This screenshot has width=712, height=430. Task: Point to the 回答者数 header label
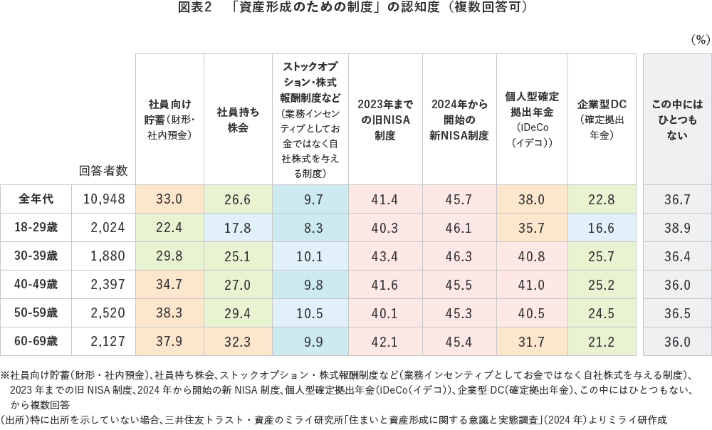coord(103,171)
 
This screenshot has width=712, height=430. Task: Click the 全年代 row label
coord(36,199)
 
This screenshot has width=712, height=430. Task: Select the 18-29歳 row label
coord(36,228)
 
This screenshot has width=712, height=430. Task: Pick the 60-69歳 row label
coord(36,342)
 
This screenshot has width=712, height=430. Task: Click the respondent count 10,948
coord(104,199)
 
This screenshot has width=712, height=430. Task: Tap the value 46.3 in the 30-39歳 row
coord(459,256)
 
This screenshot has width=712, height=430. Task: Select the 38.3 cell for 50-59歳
coord(169,313)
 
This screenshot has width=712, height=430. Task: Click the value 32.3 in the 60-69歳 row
coord(238,342)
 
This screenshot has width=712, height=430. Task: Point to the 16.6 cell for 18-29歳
coord(602,228)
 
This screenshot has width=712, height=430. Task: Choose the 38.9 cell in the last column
coord(677,228)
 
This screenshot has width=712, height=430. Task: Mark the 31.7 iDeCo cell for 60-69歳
coord(532,342)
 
